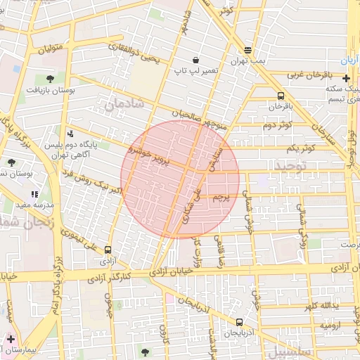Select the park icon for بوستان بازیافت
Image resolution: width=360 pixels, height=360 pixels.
click(x=50, y=79)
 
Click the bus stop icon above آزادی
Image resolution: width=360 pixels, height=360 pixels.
click(x=108, y=250)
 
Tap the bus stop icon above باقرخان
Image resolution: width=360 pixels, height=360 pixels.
click(x=281, y=96)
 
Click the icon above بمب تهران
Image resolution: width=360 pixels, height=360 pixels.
click(x=247, y=50)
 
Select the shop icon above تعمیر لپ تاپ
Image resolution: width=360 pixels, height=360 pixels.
click(x=195, y=60)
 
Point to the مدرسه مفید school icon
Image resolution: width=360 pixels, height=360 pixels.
click(x=34, y=194)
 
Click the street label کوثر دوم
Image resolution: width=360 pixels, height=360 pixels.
click(x=277, y=126)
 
